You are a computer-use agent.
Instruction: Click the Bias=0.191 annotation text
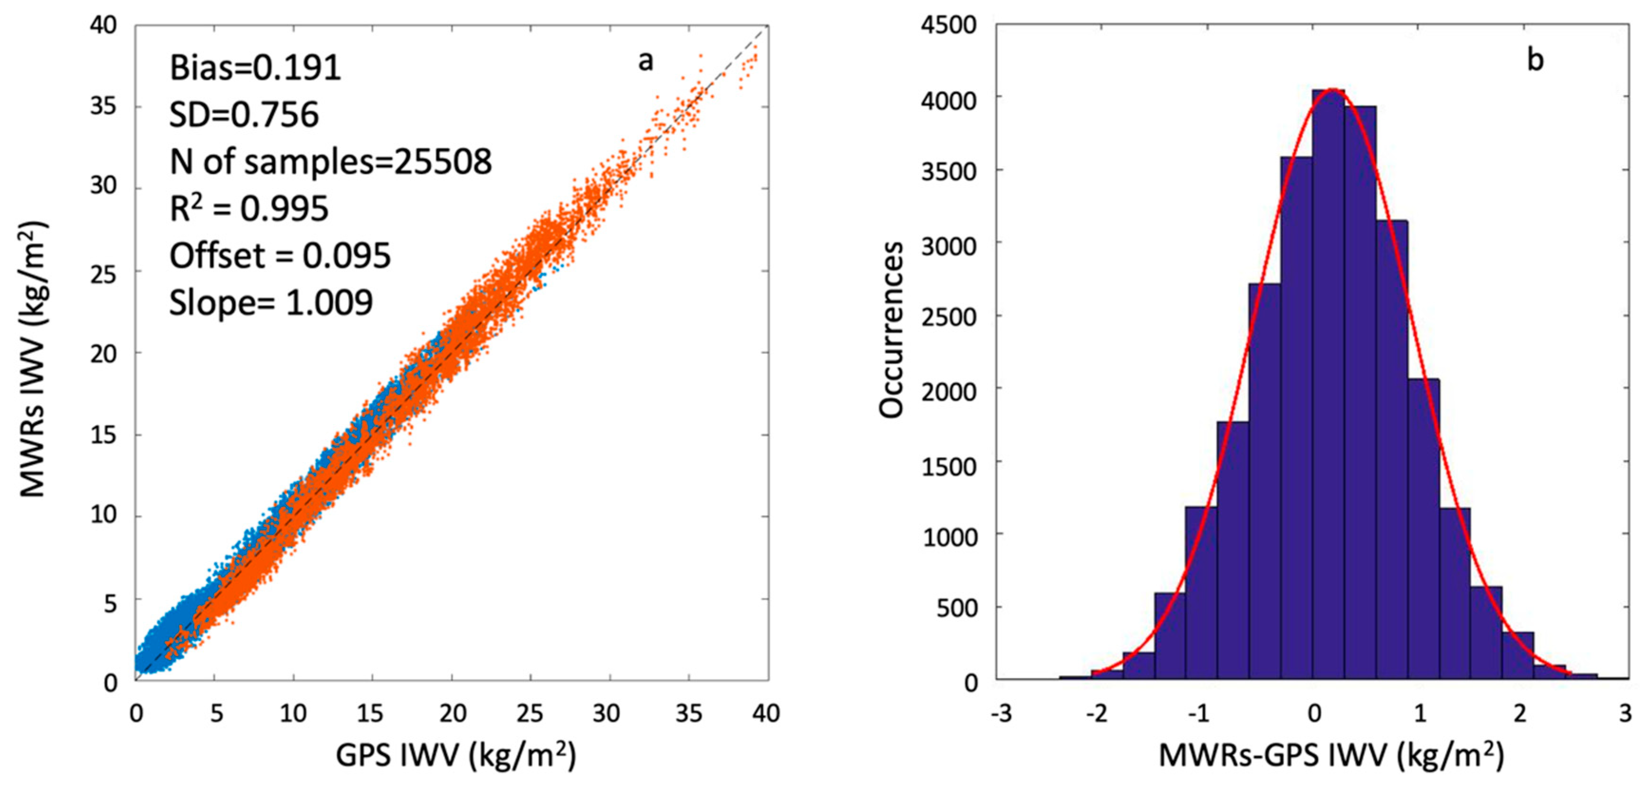(x=255, y=67)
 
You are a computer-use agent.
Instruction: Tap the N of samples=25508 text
(x=330, y=161)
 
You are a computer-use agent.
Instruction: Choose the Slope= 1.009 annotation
(x=270, y=302)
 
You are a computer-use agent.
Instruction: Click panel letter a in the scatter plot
(x=646, y=61)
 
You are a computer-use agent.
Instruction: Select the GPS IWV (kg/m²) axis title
(x=456, y=756)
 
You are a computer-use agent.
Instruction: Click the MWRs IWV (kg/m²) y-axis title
(x=32, y=359)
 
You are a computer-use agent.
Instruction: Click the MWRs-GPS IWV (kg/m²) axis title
(x=1331, y=756)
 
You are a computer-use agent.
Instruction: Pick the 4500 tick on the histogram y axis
(x=949, y=26)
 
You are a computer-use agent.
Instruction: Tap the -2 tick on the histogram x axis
(x=1096, y=713)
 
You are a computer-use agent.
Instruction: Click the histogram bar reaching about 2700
(x=1265, y=481)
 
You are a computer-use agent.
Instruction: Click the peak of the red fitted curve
(x=1332, y=89)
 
